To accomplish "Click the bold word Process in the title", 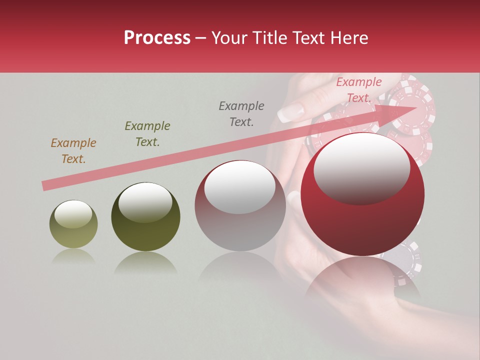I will coord(157,38).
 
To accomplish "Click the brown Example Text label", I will coord(73,151).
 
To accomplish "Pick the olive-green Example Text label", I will coord(147,134).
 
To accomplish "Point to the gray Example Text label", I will coord(241,114).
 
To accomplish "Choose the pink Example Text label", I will coord(358,90).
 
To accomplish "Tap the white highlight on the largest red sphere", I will coord(361,167).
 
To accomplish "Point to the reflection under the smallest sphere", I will coord(73,257).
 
